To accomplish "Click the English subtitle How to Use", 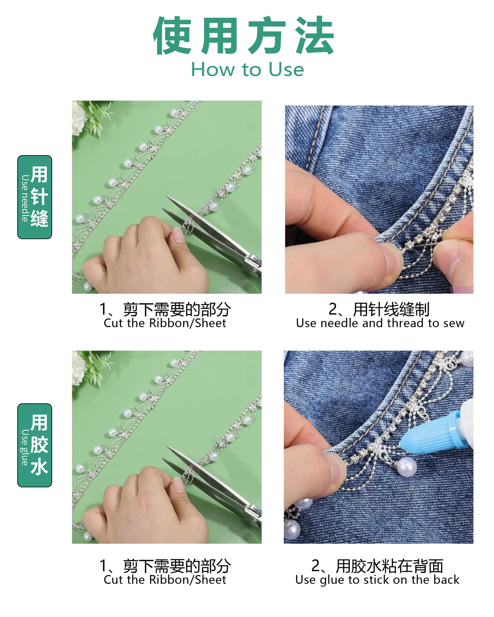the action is (x=247, y=69).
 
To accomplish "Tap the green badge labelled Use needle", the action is (x=35, y=197).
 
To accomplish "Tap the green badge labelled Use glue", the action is (x=35, y=445).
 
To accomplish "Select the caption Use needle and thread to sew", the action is (x=380, y=323).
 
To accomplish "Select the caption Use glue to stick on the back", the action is (x=377, y=580).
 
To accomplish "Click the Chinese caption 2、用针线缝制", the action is (x=379, y=309).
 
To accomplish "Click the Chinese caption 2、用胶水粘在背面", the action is (x=377, y=566).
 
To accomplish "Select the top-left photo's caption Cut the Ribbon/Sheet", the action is (x=165, y=323).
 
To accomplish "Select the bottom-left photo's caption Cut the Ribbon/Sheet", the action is (x=165, y=580).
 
